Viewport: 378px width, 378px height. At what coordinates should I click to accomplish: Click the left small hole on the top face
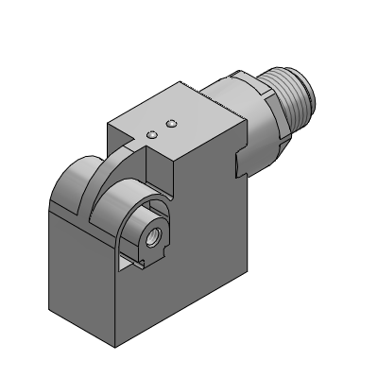(x=151, y=134)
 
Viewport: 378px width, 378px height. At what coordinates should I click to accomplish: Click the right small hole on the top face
(x=171, y=123)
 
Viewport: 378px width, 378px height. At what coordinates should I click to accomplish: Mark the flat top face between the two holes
(x=161, y=129)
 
